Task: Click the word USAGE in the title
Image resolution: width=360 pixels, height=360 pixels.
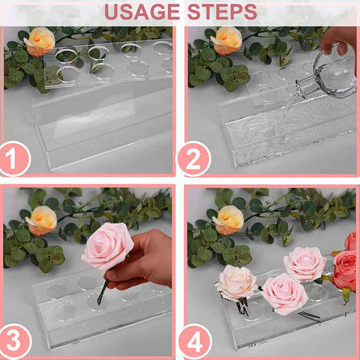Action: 142,12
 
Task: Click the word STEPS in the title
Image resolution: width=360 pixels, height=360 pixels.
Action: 222,12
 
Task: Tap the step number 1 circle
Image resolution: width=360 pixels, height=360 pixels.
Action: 14,158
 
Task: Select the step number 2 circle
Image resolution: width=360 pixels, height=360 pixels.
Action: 194,159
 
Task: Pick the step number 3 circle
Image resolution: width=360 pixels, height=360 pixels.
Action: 15,340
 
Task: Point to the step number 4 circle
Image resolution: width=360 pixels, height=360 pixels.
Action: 195,341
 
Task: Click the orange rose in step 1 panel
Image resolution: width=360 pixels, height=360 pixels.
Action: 40,41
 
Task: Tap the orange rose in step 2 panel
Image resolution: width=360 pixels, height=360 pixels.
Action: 226,40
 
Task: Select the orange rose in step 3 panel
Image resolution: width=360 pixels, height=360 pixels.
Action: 41,220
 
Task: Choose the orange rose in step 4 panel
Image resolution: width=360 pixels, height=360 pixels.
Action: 228,220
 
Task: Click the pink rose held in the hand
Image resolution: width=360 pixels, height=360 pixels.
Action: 107,246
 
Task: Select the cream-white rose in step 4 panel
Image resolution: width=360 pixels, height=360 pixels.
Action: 236,283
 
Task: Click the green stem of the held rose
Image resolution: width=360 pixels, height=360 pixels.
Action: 102,292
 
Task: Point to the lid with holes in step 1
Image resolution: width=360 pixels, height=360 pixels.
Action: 108,62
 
